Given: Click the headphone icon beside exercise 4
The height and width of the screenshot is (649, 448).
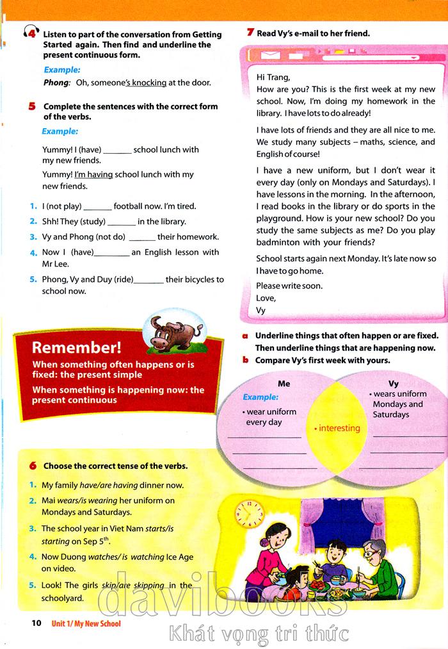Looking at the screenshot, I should coord(30,33).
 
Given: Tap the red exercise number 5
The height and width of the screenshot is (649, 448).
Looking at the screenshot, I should coord(32,106).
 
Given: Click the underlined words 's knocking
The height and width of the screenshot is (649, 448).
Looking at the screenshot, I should coord(146,83).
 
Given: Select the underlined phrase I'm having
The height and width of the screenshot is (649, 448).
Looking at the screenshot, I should coord(93,174).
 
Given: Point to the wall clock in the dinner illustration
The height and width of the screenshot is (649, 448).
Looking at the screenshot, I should coord(250,511).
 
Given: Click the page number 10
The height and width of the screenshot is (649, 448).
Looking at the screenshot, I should coord(36,623).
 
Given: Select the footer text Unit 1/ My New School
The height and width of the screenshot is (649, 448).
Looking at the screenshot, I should coord(86,623).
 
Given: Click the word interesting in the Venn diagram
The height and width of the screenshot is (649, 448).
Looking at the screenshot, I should coord(339,428).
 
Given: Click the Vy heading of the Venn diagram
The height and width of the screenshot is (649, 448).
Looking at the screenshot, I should coord(394,384).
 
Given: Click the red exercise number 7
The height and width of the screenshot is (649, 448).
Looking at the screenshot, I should coord(250,33).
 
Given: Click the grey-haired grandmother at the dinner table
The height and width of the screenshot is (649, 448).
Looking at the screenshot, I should coord(374,554).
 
